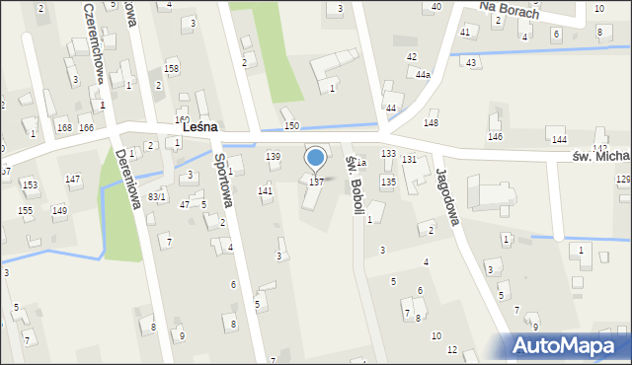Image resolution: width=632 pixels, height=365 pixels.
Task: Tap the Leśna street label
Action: click(x=199, y=128)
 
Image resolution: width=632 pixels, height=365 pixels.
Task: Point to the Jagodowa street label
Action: click(x=447, y=195)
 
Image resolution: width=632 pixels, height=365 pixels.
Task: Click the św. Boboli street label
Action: click(x=355, y=183)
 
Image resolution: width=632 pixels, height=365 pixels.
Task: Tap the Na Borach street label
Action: click(x=509, y=10)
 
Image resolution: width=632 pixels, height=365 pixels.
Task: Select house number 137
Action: click(x=316, y=182)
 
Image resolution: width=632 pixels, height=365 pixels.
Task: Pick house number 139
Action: click(x=274, y=157)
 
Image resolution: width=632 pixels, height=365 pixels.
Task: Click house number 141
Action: click(x=265, y=190)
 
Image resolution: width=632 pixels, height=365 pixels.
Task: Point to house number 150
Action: click(x=291, y=126)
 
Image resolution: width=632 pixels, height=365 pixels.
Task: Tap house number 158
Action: click(x=171, y=69)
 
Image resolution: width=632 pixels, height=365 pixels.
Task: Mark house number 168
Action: click(x=64, y=128)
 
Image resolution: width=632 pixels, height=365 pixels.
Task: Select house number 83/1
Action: click(x=156, y=197)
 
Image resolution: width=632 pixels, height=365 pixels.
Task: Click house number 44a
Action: click(x=423, y=75)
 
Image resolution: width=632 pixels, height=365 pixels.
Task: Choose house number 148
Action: click(x=431, y=122)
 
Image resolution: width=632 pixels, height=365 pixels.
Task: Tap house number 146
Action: click(x=495, y=136)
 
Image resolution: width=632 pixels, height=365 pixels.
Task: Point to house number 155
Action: click(x=25, y=211)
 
